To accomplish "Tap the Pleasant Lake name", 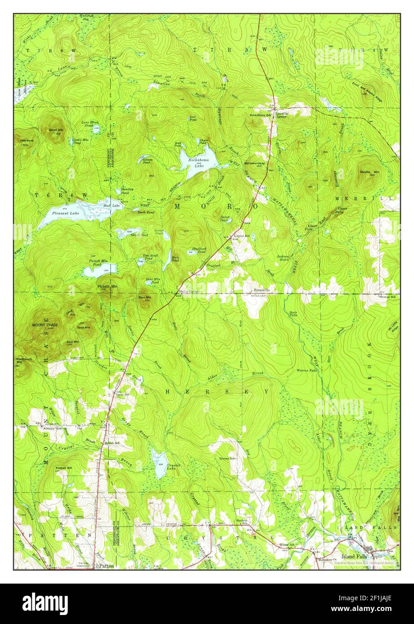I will [x=65, y=213].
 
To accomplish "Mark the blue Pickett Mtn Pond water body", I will [x=100, y=270].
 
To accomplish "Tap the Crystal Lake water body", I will [x=159, y=462].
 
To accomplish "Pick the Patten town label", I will [x=107, y=566].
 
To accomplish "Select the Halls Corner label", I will [x=189, y=291].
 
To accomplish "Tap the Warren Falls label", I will [x=307, y=370].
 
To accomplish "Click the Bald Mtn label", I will [x=73, y=342].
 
